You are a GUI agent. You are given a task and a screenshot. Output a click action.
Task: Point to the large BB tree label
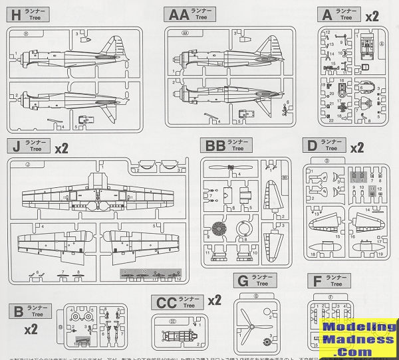(213, 145)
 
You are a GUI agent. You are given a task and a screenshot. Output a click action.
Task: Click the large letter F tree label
(315, 281)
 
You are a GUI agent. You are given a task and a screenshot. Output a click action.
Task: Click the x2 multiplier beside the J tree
(61, 147)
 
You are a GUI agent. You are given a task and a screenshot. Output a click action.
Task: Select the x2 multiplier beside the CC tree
(213, 300)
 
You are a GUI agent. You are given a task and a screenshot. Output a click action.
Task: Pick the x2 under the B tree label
(31, 329)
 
